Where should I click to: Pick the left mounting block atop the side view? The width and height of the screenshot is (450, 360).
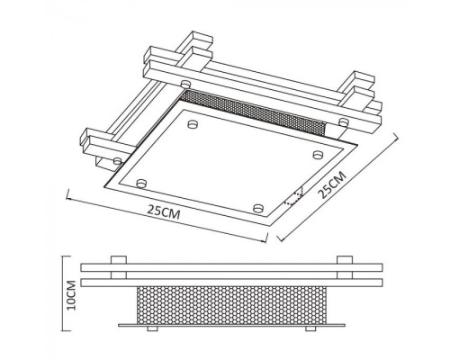pos(118,260)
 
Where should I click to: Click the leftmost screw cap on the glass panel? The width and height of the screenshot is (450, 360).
pos(141,183)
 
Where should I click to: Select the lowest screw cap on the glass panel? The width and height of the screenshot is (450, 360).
pos(259,209)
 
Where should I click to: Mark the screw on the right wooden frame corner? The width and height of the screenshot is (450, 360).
pos(343,121)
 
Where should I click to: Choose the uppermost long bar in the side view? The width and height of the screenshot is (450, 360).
pos(231,268)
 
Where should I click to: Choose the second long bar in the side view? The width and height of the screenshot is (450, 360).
pos(231,282)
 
